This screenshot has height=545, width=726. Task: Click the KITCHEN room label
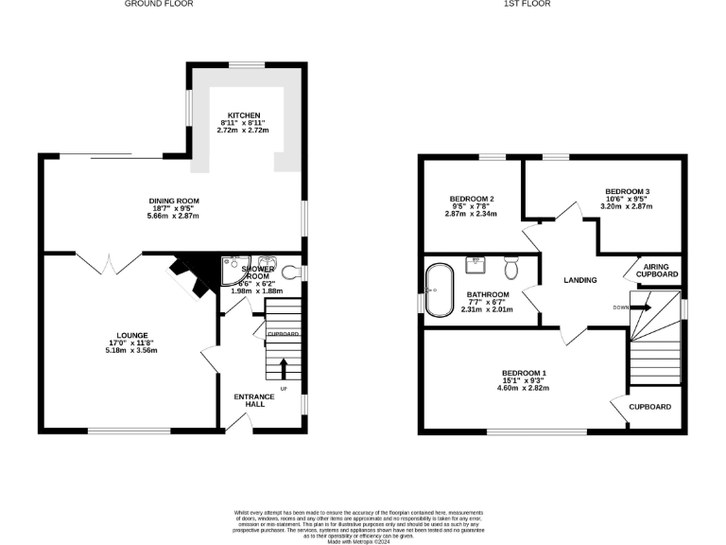(x=244, y=115)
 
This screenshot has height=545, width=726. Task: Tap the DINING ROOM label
(x=174, y=201)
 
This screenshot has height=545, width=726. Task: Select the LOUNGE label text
(x=132, y=335)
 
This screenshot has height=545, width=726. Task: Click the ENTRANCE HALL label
(x=254, y=400)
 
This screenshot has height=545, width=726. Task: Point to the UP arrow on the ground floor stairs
(x=283, y=367)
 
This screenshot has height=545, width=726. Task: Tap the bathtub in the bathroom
(x=437, y=290)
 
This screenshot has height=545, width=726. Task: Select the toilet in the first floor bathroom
(x=511, y=269)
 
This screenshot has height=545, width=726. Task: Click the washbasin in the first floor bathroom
(x=475, y=262)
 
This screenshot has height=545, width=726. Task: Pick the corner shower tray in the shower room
(x=232, y=271)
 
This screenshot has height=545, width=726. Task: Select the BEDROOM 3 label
(x=627, y=192)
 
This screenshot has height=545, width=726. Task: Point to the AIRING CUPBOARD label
(x=655, y=271)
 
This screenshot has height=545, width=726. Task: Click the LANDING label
(x=579, y=280)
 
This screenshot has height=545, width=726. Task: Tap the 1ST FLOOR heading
(x=527, y=5)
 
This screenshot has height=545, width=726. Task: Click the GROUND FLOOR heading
(x=159, y=5)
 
